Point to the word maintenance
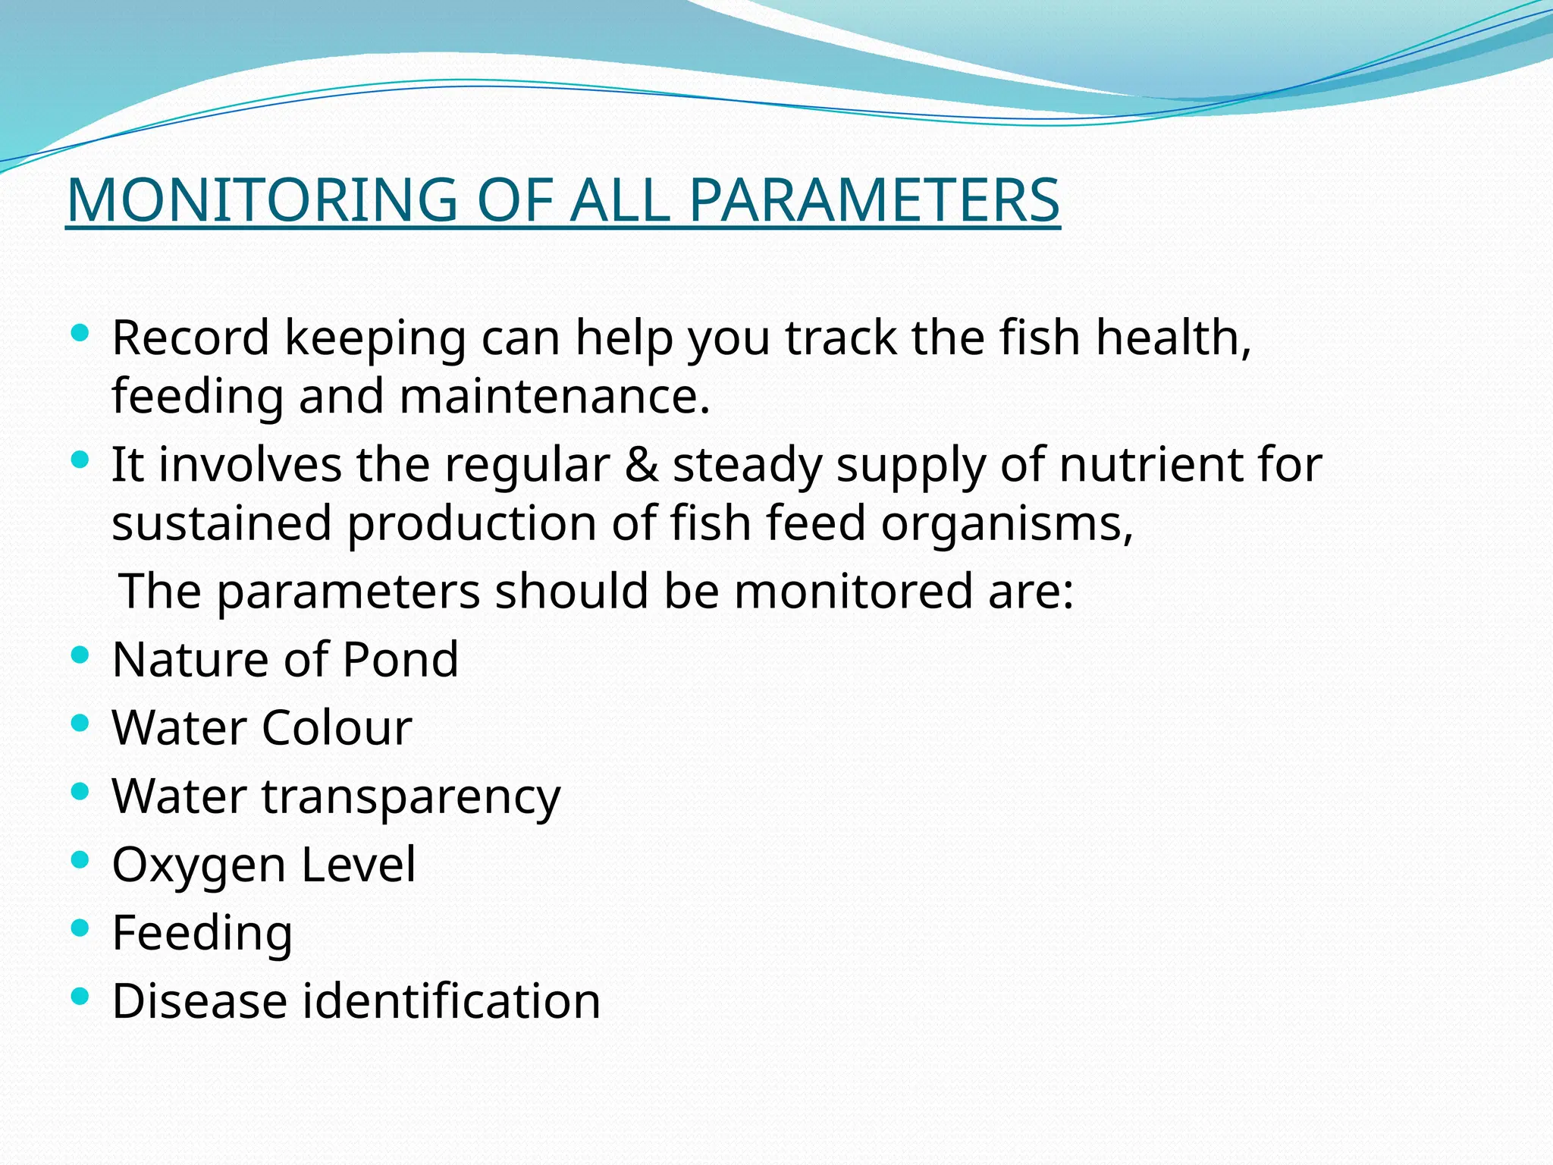click(554, 397)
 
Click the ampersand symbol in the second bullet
click(642, 464)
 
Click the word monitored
click(853, 591)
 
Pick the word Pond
click(400, 659)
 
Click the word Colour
click(337, 727)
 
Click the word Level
click(358, 864)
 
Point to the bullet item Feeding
click(202, 934)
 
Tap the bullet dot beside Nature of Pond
click(80, 654)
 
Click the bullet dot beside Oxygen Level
click(80, 859)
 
